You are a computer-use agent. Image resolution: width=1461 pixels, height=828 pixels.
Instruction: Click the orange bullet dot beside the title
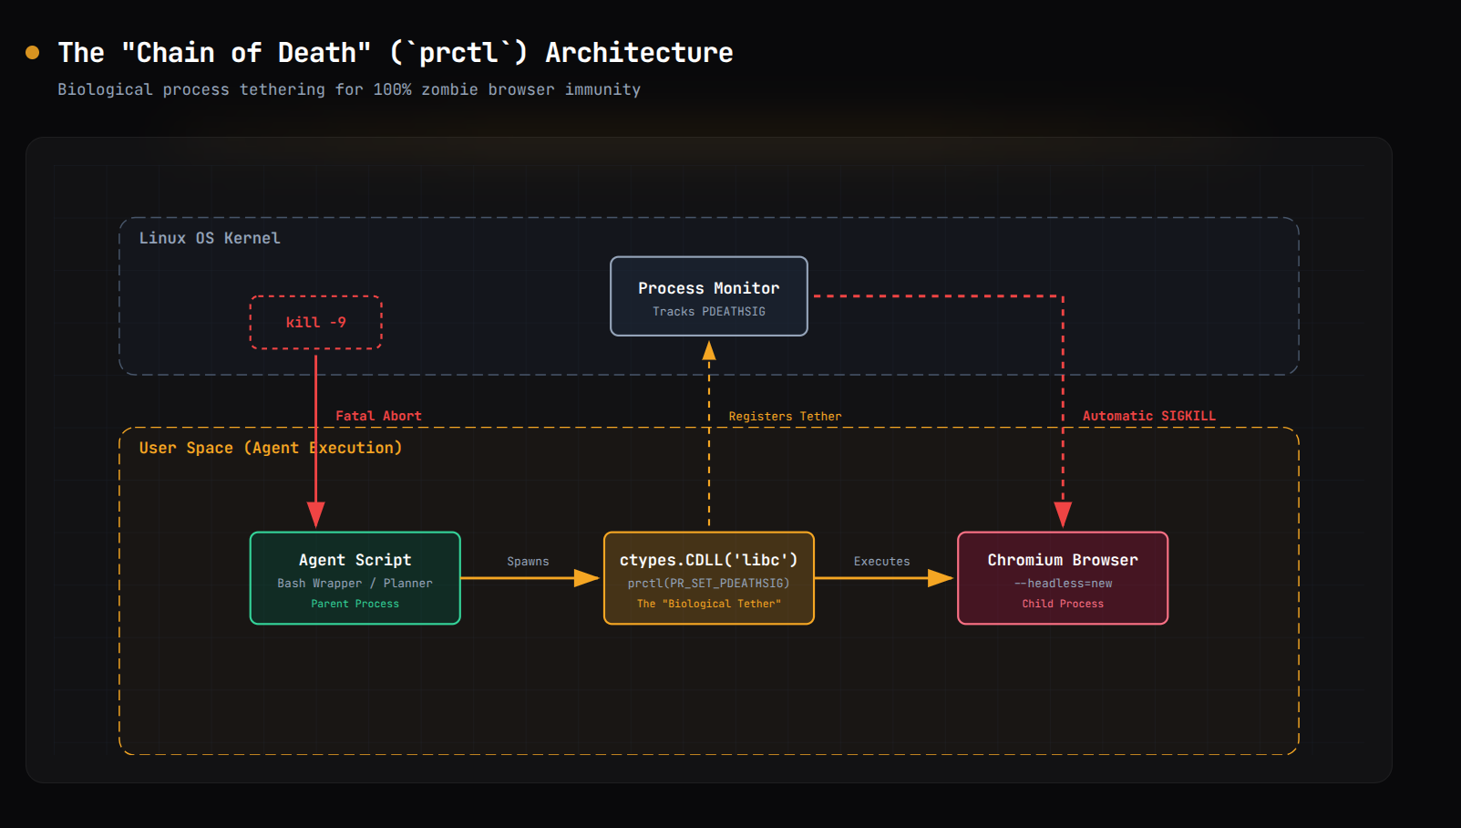click(33, 53)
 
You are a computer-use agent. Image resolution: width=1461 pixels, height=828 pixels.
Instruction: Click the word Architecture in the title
click(639, 53)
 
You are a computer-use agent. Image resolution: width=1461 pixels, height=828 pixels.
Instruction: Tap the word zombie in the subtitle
click(449, 89)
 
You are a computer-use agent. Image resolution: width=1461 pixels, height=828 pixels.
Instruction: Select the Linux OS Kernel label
click(210, 238)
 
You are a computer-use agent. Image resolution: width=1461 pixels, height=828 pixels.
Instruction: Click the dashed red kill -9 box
click(315, 322)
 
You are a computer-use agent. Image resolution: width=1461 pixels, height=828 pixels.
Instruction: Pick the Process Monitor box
click(709, 296)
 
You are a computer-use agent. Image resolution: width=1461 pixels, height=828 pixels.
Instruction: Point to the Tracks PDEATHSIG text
click(709, 312)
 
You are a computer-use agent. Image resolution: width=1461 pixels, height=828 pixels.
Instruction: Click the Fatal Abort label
click(378, 416)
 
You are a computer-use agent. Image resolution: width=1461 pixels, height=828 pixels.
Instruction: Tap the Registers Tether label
click(785, 417)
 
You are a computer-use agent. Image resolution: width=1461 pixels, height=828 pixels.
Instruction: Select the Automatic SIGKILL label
click(1148, 416)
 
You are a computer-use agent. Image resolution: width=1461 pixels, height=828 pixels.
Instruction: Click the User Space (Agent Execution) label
click(271, 449)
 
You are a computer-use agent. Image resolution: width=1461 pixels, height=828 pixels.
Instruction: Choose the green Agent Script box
click(355, 578)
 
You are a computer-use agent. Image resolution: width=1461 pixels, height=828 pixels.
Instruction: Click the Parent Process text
click(355, 604)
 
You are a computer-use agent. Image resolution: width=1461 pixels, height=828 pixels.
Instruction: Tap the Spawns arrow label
click(528, 561)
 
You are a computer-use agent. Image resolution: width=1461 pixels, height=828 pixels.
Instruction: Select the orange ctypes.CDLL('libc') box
click(709, 578)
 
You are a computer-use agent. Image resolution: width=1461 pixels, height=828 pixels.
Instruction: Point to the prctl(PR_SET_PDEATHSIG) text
click(709, 584)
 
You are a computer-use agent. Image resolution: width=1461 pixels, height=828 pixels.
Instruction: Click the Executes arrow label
click(881, 561)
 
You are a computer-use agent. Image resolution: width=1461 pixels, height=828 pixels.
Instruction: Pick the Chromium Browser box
click(1063, 578)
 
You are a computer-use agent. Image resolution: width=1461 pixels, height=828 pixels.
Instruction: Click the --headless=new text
click(1063, 584)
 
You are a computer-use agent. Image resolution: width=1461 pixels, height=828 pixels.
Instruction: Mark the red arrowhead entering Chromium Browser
click(1063, 515)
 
